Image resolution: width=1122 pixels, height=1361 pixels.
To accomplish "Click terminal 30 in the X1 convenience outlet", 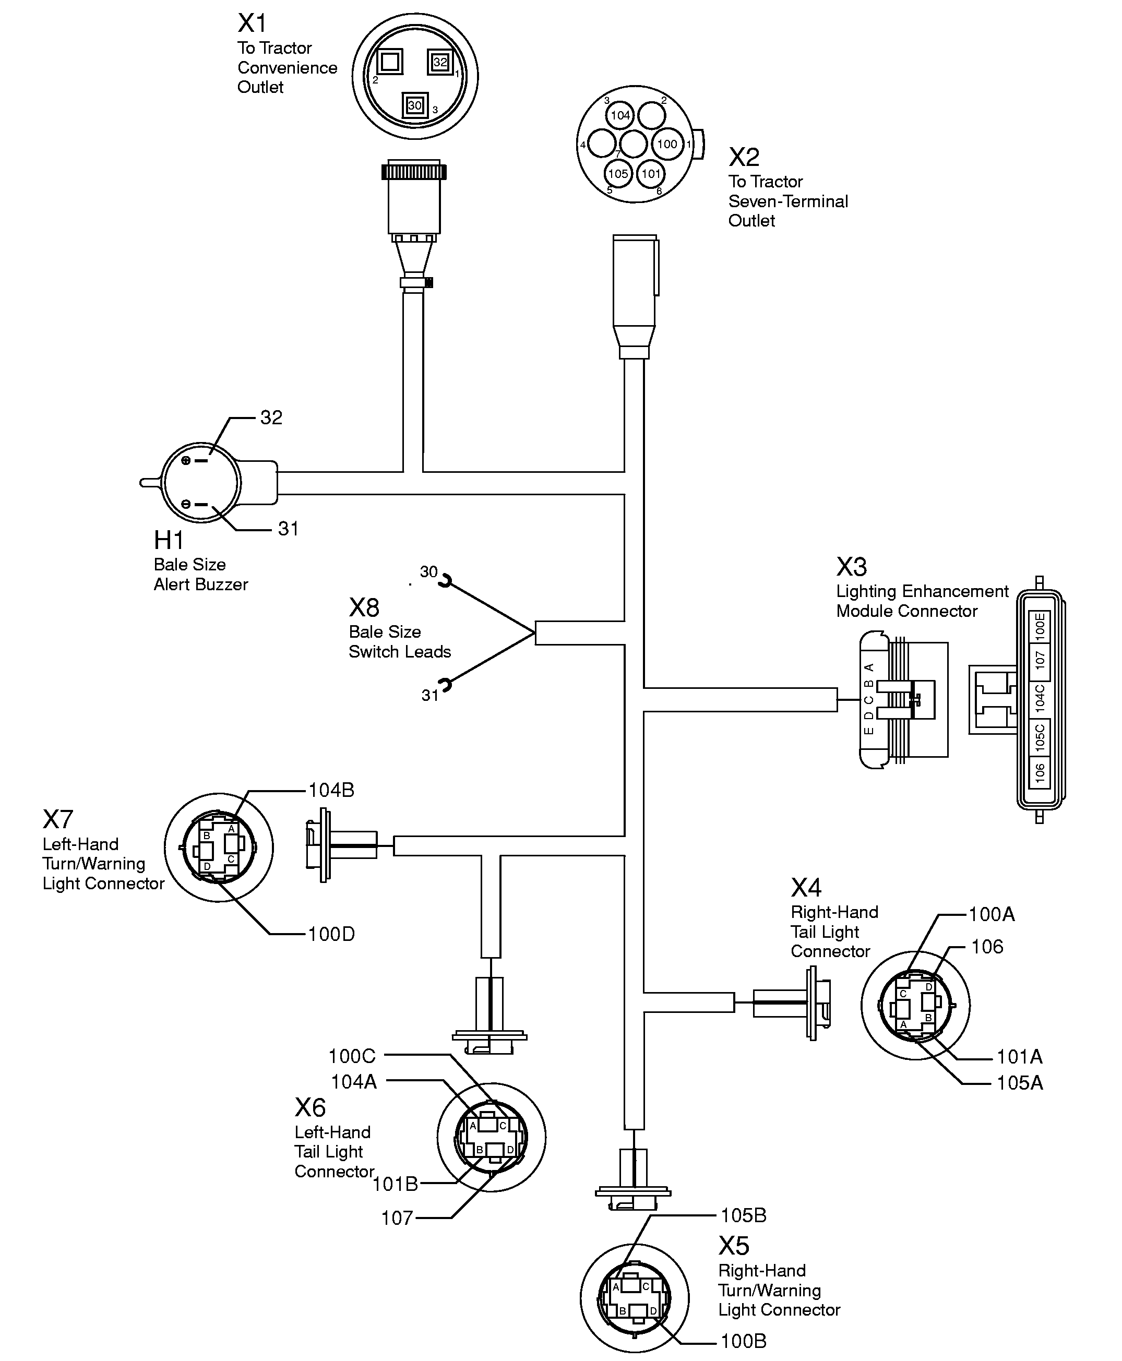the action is (x=414, y=105).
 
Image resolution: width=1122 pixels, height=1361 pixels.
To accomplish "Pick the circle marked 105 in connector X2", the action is (x=618, y=173).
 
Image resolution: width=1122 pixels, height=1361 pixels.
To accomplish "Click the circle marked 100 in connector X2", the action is (x=667, y=144).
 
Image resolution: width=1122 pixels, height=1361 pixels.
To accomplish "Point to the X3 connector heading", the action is (x=851, y=567).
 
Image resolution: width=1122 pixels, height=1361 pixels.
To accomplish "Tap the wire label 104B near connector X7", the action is (x=331, y=790).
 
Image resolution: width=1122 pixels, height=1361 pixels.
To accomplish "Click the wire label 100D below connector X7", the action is (x=331, y=934).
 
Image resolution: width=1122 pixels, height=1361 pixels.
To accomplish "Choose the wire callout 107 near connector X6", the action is (x=397, y=1217).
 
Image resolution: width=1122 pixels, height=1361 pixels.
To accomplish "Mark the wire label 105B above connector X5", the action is (x=743, y=1215).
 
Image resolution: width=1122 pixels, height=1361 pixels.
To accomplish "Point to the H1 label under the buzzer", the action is (x=169, y=540).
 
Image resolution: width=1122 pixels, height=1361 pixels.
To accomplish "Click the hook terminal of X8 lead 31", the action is (x=445, y=684).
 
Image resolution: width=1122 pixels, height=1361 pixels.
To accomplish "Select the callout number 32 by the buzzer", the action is (x=271, y=417).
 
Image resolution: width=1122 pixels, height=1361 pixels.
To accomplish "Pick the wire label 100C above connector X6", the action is (x=352, y=1056).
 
